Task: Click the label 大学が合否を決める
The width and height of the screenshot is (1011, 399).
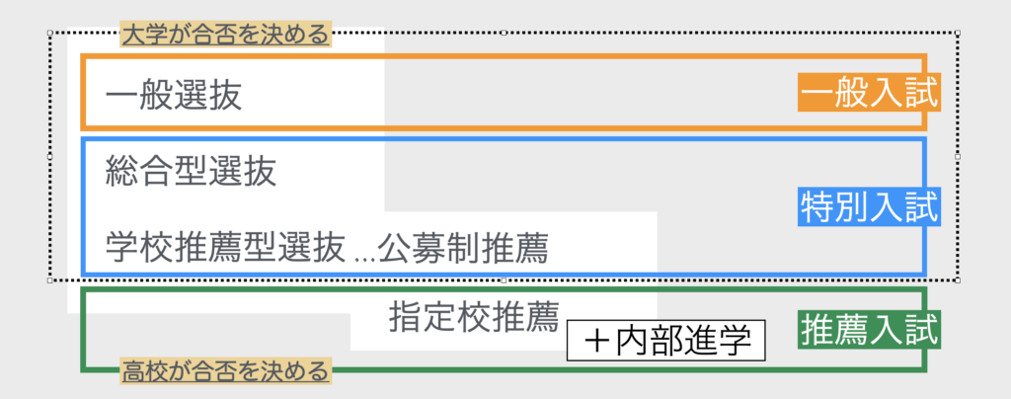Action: click(224, 36)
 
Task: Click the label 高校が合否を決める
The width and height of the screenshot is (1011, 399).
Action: click(224, 372)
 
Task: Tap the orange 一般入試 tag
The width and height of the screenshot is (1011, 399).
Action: click(868, 95)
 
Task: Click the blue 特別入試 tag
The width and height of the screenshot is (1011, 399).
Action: click(868, 208)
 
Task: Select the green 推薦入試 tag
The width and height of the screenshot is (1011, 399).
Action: click(868, 328)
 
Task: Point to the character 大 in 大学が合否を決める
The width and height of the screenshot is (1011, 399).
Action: click(131, 36)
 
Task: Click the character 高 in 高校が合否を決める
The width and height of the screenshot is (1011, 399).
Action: click(131, 372)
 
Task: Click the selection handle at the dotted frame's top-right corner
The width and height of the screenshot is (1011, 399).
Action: click(958, 33)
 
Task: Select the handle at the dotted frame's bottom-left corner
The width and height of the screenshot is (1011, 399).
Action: click(50, 280)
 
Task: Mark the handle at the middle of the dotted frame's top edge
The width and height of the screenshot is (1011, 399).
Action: click(504, 33)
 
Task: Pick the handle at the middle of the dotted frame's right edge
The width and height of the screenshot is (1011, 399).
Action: click(958, 156)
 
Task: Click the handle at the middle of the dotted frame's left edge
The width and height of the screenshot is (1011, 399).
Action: click(50, 156)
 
